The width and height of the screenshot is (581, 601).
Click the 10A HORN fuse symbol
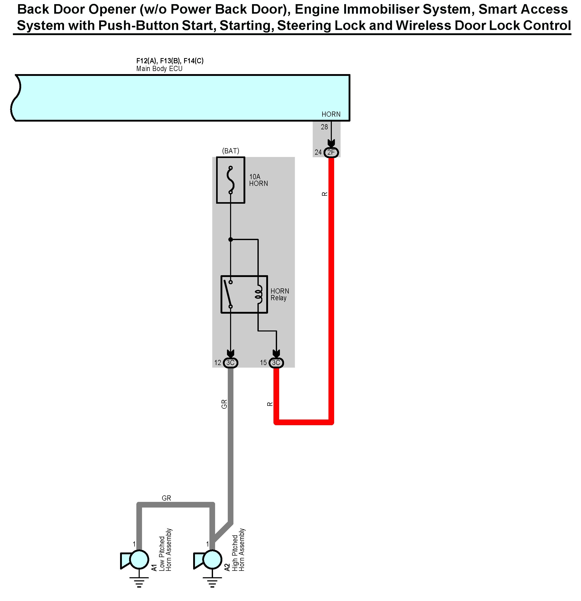tap(231, 180)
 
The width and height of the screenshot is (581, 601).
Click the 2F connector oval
tap(331, 152)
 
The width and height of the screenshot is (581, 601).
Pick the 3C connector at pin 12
tap(230, 363)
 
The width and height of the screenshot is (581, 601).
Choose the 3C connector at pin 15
tap(276, 363)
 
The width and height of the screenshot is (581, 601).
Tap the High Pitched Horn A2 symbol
tap(209, 560)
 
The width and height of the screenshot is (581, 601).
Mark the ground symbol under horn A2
tap(212, 581)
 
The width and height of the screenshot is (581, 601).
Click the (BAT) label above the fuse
tap(230, 151)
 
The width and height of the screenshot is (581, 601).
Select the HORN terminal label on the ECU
tap(331, 114)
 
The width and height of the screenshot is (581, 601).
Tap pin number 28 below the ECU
tap(324, 127)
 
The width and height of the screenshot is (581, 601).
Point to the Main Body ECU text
tap(159, 69)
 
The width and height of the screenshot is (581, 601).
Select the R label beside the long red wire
tap(325, 194)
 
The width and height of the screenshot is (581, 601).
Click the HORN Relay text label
tap(279, 294)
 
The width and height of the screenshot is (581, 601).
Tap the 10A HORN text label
tap(258, 180)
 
